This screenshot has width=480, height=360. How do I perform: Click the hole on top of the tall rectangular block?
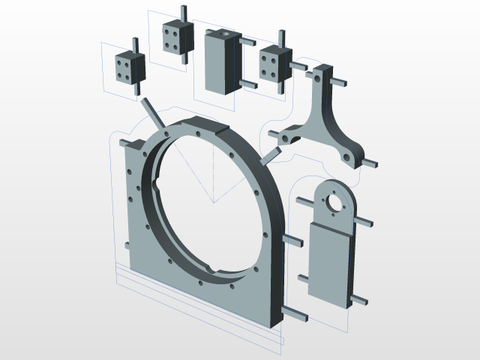[x=223, y=34]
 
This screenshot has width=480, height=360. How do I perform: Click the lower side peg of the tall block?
[x=247, y=84]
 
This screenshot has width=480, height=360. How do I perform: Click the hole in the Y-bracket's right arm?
[x=346, y=157]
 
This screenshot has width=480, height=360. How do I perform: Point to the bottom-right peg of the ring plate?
[x=295, y=313]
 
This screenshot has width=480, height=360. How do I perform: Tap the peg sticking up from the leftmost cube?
[x=134, y=45]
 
